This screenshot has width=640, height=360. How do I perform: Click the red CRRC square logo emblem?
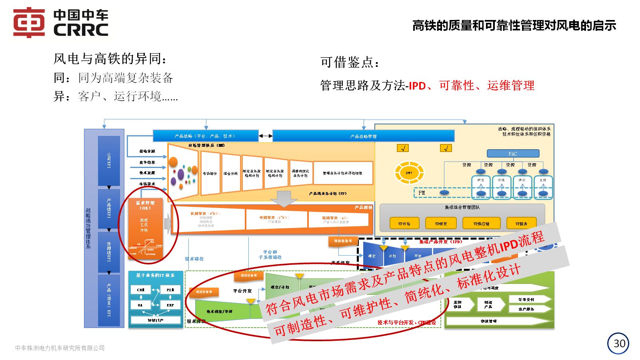pyautogui.click(x=29, y=22)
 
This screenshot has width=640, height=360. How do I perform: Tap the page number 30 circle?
pyautogui.click(x=618, y=344)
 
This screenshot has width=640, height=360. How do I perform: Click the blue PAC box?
pyautogui.click(x=513, y=154)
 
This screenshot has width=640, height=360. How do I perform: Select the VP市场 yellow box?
pyautogui.click(x=404, y=224)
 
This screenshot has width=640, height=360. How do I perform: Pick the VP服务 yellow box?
pyautogui.click(x=521, y=224)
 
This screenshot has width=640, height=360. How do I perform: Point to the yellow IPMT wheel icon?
pyautogui.click(x=409, y=173)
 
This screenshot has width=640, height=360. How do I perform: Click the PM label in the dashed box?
pyautogui.click(x=422, y=193)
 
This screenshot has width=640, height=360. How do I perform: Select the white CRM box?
pyautogui.click(x=141, y=290)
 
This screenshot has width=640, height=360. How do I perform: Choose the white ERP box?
pyautogui.click(x=170, y=305)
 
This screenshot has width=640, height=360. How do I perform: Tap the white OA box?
pyautogui.click(x=140, y=305)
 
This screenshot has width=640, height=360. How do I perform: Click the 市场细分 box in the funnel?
pyautogui.click(x=210, y=174)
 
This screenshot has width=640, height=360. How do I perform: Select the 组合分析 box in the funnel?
pyautogui.click(x=231, y=174)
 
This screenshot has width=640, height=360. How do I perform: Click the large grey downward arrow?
pyautogui.click(x=284, y=198)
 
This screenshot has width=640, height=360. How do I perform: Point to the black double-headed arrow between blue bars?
pyautogui.click(x=266, y=136)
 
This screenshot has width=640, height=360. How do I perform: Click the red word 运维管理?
pyautogui.click(x=510, y=86)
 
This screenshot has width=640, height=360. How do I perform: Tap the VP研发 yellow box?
pyautogui.click(x=441, y=224)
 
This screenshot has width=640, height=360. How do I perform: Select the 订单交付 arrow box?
pyautogui.click(x=527, y=299)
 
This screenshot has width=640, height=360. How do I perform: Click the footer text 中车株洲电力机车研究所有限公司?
pyautogui.click(x=60, y=348)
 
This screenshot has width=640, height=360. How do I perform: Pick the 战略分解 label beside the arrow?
pyautogui.click(x=147, y=151)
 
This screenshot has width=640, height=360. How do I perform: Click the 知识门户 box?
pyautogui.click(x=156, y=320)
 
